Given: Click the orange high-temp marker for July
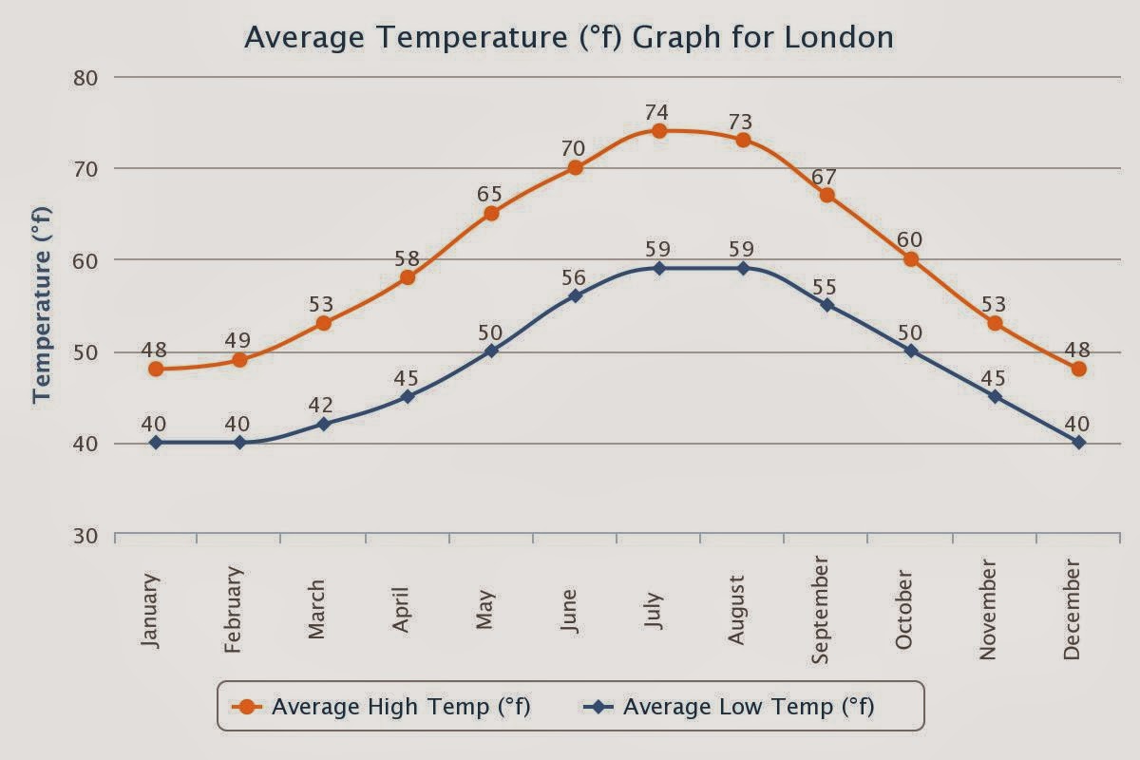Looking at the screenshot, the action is [x=659, y=131].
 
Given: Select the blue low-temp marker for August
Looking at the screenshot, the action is [x=743, y=268].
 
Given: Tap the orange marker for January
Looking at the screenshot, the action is [x=156, y=369].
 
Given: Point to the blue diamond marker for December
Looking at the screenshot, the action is [x=1078, y=443].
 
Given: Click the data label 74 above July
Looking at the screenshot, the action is [x=657, y=112].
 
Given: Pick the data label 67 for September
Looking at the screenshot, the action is [x=824, y=177].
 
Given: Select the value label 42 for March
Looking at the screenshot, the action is [x=321, y=406].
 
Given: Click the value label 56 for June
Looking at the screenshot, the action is [x=574, y=278].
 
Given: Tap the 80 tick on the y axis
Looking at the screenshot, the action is [x=85, y=79].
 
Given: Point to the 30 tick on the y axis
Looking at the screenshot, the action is [x=85, y=537].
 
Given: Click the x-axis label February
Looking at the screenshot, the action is [x=233, y=609].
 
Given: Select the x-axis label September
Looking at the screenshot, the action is [x=820, y=610].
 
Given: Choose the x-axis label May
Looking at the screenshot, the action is [x=484, y=610].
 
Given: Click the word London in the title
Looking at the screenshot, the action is [x=839, y=38].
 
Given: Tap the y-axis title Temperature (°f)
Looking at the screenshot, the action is [x=42, y=305].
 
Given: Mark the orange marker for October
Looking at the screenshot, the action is [x=911, y=259].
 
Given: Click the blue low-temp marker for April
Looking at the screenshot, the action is [x=408, y=396].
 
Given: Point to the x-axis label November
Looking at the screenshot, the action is [x=987, y=610].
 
